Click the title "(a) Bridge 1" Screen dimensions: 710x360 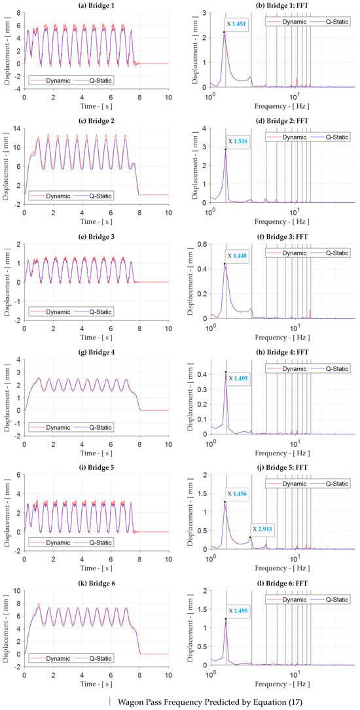click(x=96, y=5)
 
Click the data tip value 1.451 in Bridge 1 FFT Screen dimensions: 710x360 click(x=240, y=24)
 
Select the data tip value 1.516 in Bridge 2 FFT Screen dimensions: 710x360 click(x=241, y=141)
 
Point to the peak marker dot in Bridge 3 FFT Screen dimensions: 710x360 click(x=225, y=264)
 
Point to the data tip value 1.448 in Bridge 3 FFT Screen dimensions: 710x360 click(x=240, y=256)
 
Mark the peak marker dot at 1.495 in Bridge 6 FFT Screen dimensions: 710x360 click(x=225, y=618)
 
